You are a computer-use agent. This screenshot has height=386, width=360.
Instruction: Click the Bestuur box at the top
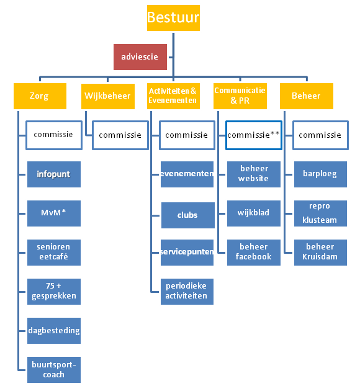[173, 17]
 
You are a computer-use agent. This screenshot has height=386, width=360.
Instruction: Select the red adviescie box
[140, 56]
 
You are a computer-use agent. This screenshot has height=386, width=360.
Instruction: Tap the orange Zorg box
[39, 96]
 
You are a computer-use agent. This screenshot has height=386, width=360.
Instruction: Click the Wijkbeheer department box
[106, 96]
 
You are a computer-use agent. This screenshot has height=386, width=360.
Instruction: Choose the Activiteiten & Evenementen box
[173, 96]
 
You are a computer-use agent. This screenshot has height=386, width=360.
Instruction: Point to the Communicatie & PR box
[240, 96]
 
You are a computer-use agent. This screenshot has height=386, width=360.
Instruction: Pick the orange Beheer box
[306, 96]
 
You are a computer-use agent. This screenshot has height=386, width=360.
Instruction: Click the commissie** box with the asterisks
[253, 135]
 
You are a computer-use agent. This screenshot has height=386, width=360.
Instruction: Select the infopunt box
[53, 174]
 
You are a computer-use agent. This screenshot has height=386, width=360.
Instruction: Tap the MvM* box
[53, 213]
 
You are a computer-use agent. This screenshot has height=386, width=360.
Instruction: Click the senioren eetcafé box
[53, 252]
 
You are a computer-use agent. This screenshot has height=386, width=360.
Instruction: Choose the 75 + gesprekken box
[53, 291]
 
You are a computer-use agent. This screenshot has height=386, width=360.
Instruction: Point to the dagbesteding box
[53, 330]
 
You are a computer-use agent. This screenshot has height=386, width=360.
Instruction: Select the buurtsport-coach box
[53, 369]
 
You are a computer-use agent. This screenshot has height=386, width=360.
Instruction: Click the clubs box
[187, 215]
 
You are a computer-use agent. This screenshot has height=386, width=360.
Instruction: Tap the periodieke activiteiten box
[187, 291]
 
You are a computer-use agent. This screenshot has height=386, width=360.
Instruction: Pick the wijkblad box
[253, 213]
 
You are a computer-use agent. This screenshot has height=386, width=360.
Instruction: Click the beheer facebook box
[253, 252]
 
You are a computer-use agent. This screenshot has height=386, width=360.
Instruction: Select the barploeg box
[320, 174]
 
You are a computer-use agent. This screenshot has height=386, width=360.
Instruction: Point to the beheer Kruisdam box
[320, 252]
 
